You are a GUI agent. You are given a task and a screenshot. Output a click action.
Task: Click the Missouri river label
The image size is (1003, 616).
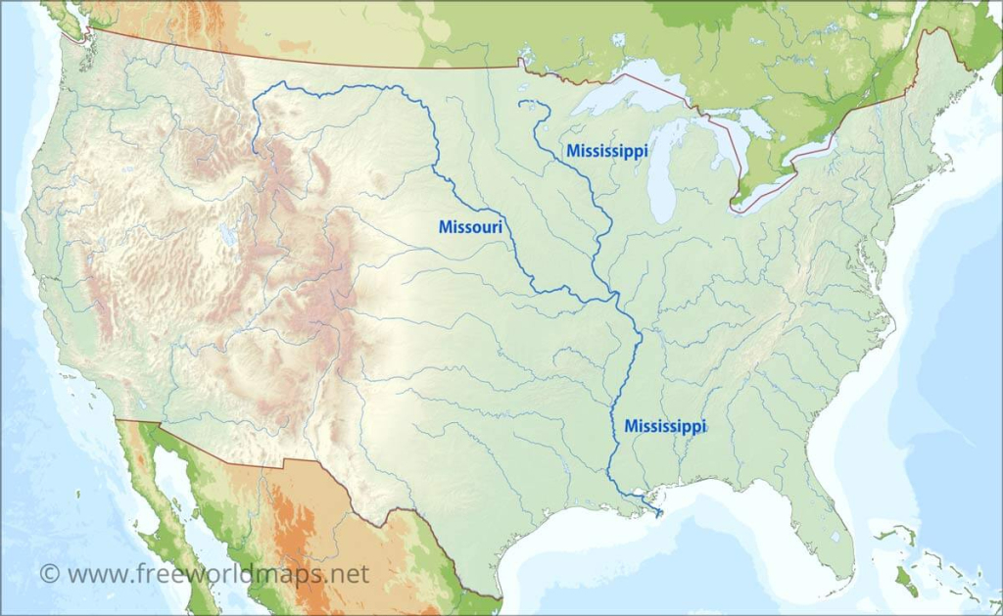coord(470,227)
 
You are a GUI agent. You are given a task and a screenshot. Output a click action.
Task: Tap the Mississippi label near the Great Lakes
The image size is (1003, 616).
coord(606,151)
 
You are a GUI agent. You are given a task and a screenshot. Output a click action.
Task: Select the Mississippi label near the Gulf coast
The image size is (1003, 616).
coord(664,426)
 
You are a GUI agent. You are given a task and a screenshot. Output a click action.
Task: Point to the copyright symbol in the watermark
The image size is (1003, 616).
coord(49,573)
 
